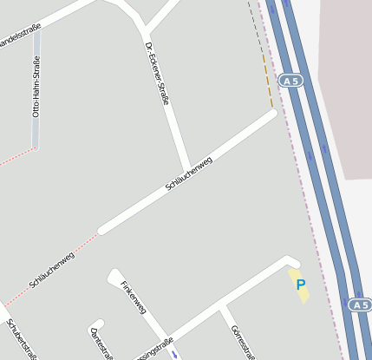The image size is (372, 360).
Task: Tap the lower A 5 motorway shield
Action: (x=360, y=304)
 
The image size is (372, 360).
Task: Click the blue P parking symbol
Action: (x=300, y=285)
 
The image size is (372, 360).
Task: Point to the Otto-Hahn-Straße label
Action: (x=36, y=87)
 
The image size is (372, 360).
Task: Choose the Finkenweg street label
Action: (x=134, y=297)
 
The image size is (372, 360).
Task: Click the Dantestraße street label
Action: (x=101, y=344)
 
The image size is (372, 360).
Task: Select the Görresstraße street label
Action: (x=242, y=342)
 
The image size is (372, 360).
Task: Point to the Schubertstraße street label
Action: (x=23, y=339)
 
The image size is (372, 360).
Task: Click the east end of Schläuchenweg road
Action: (x=271, y=114)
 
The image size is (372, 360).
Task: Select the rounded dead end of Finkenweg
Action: (x=114, y=276)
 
